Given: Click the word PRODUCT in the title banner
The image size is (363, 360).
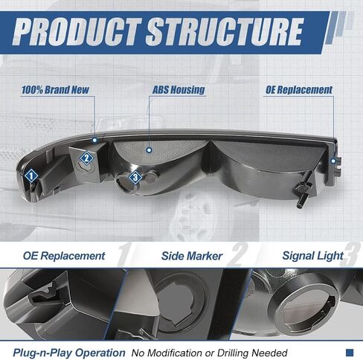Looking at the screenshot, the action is tap(77, 32).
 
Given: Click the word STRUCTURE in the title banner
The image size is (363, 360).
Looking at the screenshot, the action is tap(225, 32).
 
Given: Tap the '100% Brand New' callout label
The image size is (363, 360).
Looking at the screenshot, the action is tap(55, 90).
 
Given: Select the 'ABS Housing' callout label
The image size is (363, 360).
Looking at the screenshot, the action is tap(179, 90).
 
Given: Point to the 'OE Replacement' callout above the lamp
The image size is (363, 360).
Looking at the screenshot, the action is tap(299, 90).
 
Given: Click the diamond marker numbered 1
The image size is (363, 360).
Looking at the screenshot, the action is tap(31, 176).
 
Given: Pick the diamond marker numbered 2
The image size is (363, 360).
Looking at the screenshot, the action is tap(86, 158).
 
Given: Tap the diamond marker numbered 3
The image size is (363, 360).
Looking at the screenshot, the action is tap(135, 177).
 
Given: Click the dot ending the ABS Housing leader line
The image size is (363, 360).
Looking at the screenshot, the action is tap(149, 150).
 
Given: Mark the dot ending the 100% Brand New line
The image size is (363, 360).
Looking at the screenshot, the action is tap(94, 140).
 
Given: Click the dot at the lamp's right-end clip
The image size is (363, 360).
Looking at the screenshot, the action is tap(333, 161).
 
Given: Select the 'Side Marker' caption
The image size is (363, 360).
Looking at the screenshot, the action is tap(192, 256).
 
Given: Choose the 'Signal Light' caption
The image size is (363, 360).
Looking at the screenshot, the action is tap(313, 256).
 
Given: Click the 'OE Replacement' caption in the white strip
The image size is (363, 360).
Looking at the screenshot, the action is tap(64, 256).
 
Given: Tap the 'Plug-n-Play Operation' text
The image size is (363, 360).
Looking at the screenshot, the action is tap(69, 353).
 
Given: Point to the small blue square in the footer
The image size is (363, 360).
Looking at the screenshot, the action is tap(350, 353).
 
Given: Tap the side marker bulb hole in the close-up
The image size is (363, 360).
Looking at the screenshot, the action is tap(178, 304).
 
